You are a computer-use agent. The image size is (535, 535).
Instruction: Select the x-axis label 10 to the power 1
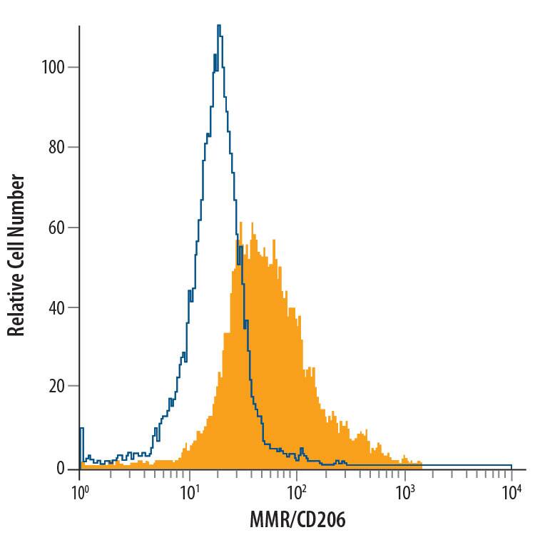pos(189,492)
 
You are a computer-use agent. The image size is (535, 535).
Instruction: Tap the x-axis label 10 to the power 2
pos(297,492)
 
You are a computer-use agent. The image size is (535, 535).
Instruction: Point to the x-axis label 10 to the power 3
pos(404,492)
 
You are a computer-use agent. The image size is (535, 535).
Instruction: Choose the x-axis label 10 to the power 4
pos(512,492)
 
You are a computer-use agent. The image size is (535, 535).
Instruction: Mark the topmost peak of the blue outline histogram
pos(219,26)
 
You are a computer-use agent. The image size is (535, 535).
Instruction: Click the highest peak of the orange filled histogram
pos(241,222)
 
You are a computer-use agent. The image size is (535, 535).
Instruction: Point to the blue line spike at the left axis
pos(81,429)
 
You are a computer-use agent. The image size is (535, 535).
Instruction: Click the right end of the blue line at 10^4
pos(511,465)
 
